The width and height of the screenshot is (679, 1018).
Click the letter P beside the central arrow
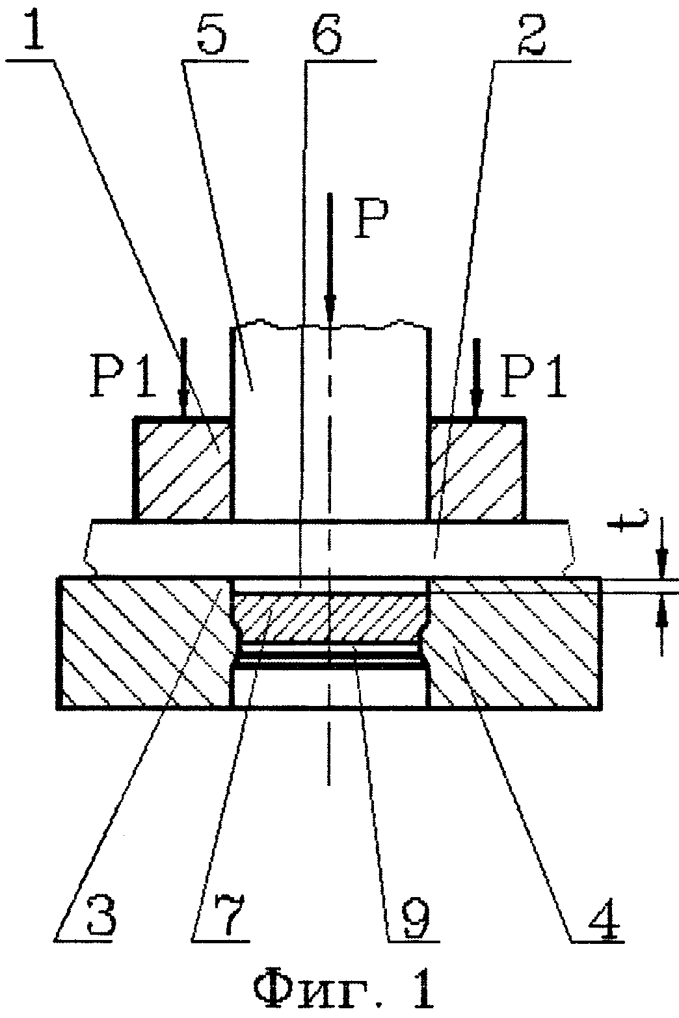pos(371,218)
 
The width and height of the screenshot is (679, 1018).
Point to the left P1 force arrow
pos(183,377)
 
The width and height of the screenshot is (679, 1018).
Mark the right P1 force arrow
pos(477,377)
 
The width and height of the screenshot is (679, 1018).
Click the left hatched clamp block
pos(183,469)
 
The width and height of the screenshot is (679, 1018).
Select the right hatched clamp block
pos(477,469)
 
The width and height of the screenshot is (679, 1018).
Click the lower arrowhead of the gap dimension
pos(661,610)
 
